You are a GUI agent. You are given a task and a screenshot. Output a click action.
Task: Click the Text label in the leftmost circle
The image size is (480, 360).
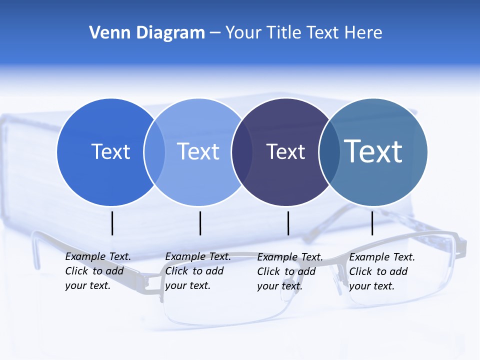(110, 151)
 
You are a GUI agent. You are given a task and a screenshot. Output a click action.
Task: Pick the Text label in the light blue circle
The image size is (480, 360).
(198, 151)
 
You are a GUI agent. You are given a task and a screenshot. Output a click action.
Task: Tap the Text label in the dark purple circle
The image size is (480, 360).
(285, 151)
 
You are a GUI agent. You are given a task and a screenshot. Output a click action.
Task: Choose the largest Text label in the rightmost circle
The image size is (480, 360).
(373, 151)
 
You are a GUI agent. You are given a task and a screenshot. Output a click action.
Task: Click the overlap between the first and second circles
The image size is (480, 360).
(154, 152)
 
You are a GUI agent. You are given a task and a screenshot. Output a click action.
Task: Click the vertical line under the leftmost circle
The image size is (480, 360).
(112, 223)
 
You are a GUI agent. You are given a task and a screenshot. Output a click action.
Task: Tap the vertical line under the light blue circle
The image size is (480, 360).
(200, 223)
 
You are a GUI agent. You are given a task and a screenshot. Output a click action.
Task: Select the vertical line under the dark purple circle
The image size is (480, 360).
(288, 223)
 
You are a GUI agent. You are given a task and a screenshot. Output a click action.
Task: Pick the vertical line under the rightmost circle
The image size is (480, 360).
(372, 223)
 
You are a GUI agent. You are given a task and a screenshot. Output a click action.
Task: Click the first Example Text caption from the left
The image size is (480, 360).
(98, 271)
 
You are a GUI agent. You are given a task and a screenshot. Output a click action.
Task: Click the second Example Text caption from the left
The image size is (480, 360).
(198, 271)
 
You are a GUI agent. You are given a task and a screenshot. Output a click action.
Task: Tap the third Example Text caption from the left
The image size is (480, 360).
(290, 271)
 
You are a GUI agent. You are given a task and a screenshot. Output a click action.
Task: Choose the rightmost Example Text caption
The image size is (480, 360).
(382, 271)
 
